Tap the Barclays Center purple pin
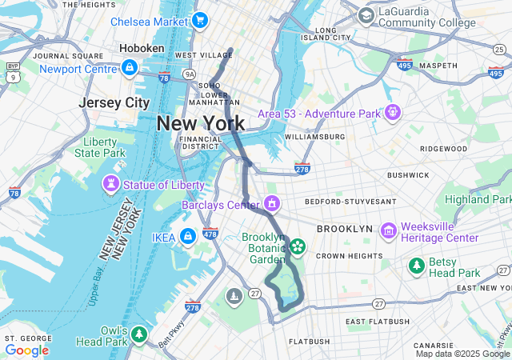(x=273, y=204)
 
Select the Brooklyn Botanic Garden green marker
(x=298, y=246)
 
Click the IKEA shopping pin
(x=187, y=237)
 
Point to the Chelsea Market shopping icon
(x=199, y=20)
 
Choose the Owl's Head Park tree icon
(x=139, y=332)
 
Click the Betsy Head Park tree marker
(x=415, y=265)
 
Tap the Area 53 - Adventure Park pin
(x=391, y=113)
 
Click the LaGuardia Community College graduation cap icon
(x=366, y=15)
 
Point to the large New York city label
(x=201, y=123)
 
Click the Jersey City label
(x=114, y=102)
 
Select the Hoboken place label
(x=142, y=49)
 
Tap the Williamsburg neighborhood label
(x=314, y=137)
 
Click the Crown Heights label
(x=349, y=256)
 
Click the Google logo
(x=26, y=350)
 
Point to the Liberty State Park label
(x=100, y=147)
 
